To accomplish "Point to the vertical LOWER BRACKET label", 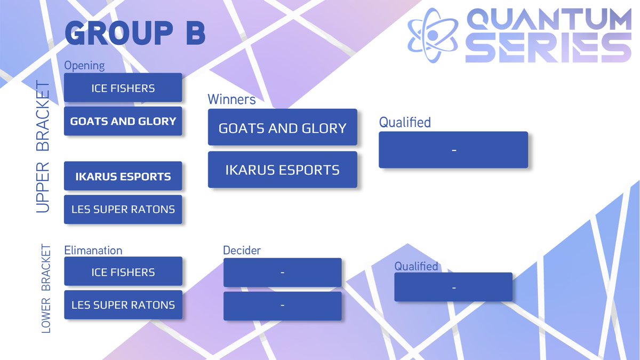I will [46, 289].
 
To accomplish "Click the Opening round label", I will [84, 66].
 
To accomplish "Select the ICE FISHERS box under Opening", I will [123, 88].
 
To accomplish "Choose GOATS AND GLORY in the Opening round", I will [123, 122].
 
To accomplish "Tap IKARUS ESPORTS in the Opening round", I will [123, 177].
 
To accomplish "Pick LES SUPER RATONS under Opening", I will [123, 210].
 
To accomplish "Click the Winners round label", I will [231, 100].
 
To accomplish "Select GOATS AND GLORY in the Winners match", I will [282, 127].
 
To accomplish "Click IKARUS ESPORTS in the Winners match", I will [282, 170].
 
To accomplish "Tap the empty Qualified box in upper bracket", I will [453, 150].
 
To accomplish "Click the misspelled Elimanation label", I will [93, 250].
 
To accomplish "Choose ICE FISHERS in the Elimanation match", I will [123, 272].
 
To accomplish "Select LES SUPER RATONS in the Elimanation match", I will [123, 305].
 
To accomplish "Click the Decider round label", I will [242, 250].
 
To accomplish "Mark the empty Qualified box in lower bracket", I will [453, 287].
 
